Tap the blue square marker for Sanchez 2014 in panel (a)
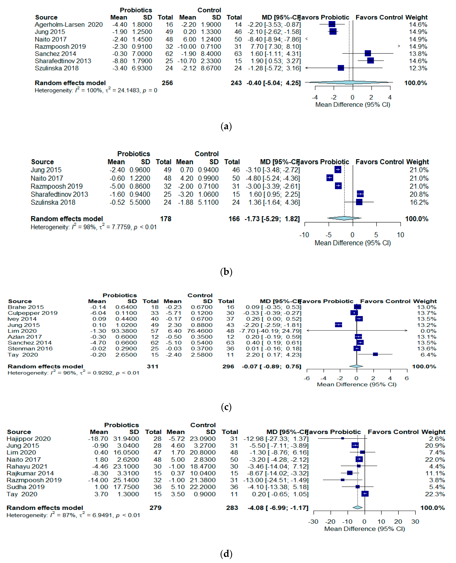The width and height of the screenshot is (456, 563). click(x=368, y=54)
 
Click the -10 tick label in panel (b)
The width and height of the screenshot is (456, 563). click(x=304, y=235)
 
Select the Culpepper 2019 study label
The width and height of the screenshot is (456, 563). click(x=33, y=313)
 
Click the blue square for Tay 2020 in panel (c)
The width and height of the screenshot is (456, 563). click(x=375, y=354)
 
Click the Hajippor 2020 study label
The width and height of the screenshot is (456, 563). click(x=29, y=439)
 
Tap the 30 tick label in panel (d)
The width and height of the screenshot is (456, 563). click(x=415, y=521)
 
